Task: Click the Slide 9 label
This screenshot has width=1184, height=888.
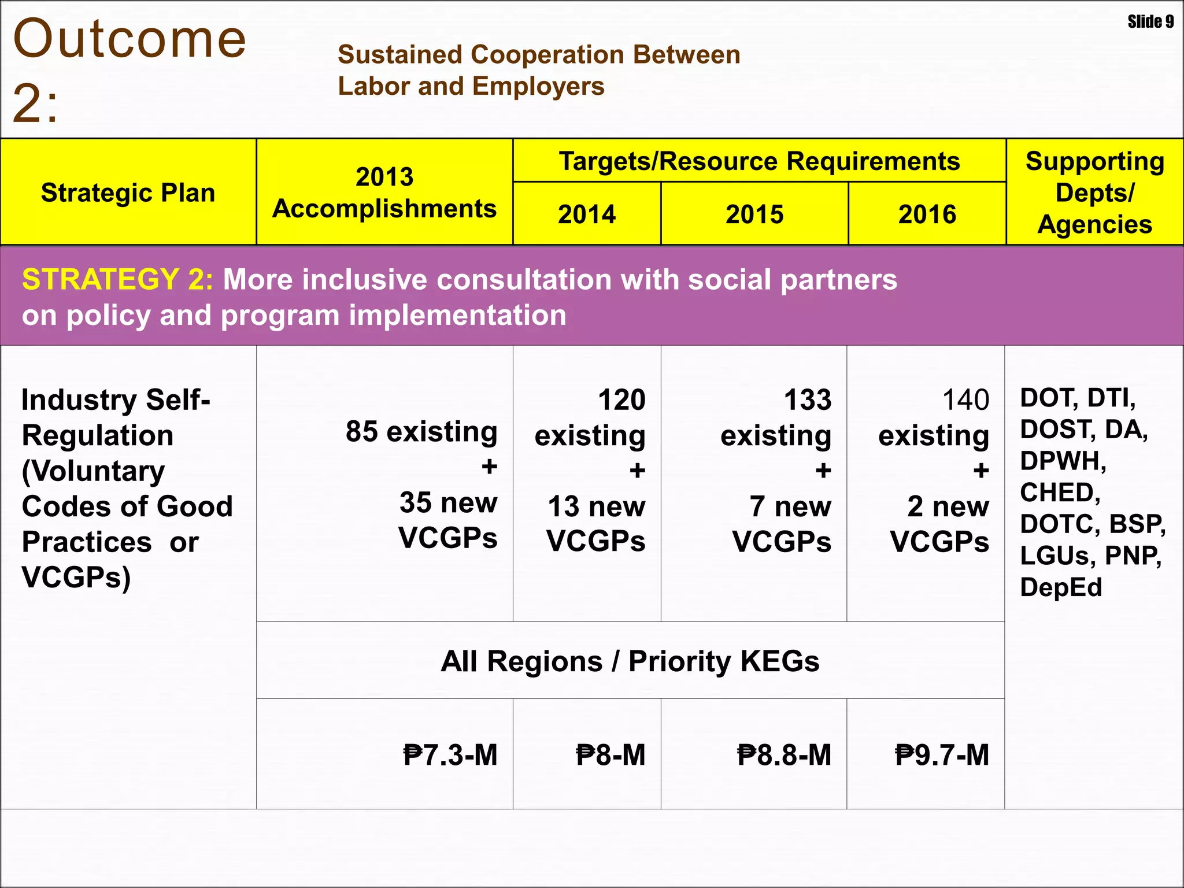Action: pos(1150,22)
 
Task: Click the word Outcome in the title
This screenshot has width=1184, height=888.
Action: pos(129,39)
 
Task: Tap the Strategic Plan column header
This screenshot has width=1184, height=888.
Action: pos(128,193)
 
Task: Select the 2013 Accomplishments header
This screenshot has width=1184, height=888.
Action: pos(384,193)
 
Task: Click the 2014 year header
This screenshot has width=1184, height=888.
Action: pos(587,214)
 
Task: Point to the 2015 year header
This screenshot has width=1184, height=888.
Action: pos(754,214)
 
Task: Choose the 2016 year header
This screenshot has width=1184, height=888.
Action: pos(927,214)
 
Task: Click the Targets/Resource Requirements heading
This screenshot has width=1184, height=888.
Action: pos(759,161)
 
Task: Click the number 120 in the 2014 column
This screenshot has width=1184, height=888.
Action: pos(621,400)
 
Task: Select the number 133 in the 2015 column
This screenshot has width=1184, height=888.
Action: pos(808,400)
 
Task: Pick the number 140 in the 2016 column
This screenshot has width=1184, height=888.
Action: pos(965,400)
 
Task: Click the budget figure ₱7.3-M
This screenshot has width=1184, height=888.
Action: pos(450,755)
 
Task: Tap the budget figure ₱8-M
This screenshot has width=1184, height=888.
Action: pos(610,755)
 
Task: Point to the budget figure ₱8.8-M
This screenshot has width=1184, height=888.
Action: pos(784,755)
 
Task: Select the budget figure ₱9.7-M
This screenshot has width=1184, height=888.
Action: pos(942,755)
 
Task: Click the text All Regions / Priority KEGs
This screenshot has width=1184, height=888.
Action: pos(630,661)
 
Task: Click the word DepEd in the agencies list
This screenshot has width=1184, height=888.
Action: pos(1061,587)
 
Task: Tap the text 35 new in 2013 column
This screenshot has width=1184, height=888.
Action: pos(448,502)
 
